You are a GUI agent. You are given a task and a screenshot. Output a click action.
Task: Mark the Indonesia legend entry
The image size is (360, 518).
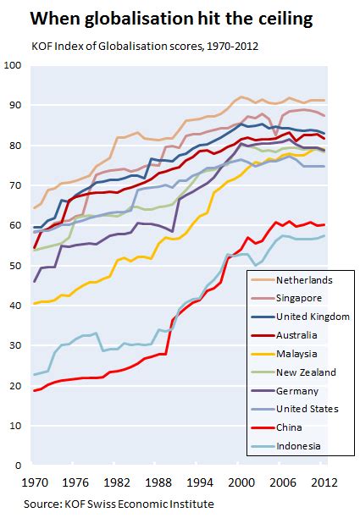287,445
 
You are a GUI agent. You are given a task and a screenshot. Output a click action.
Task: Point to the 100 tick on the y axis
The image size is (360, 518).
13,65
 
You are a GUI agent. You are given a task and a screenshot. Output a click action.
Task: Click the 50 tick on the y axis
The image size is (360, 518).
15,265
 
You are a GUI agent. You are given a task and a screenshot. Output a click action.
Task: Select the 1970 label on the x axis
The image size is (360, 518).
35,483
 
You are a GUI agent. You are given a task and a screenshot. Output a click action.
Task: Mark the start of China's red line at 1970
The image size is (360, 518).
34,390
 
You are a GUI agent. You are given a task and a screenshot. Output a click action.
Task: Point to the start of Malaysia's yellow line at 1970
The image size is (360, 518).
34,303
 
